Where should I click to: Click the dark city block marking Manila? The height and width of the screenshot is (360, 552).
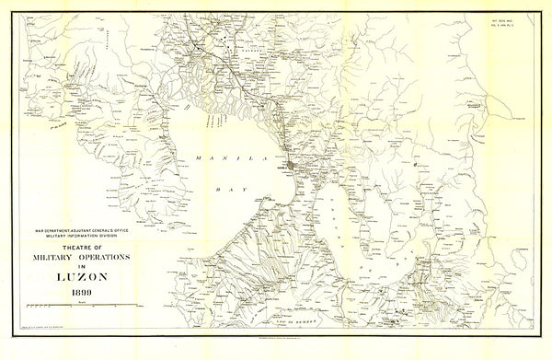point(292,167)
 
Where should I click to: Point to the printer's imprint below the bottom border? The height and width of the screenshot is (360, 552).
point(276,354)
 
